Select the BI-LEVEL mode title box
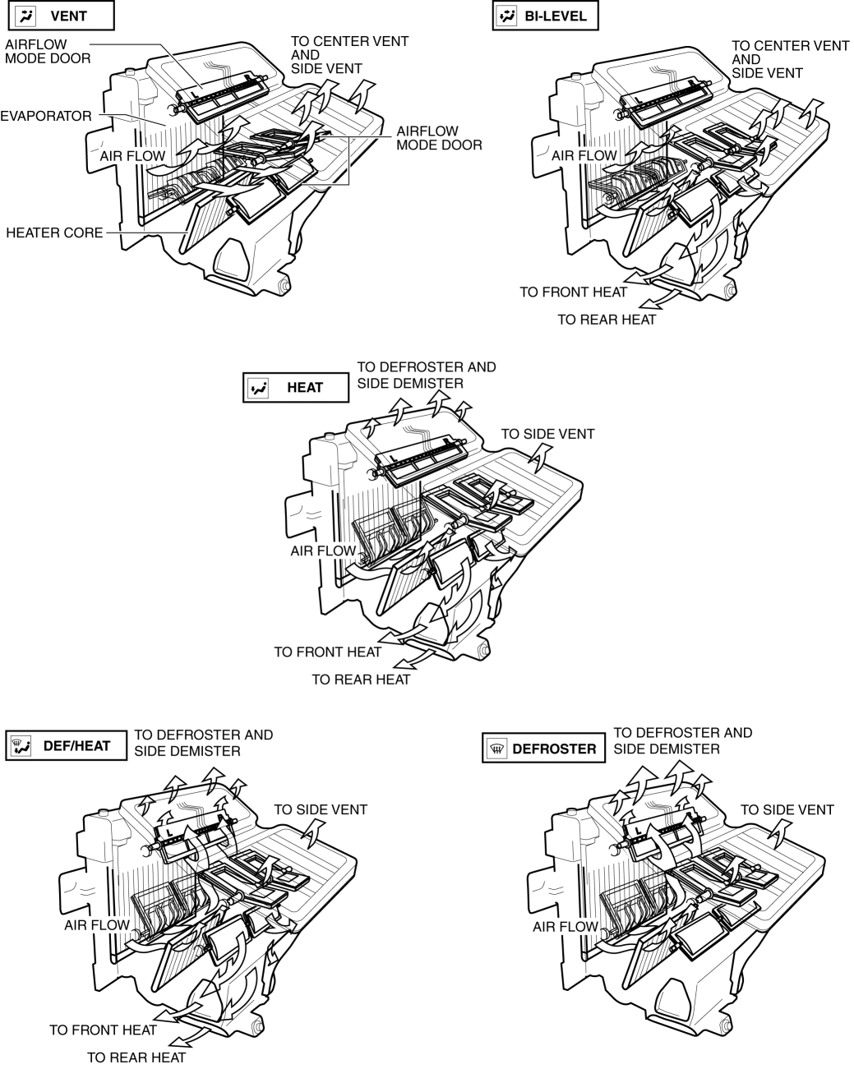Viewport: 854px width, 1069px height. point(545,16)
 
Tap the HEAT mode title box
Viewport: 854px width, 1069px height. point(296,387)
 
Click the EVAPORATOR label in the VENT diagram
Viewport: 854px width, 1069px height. point(46,116)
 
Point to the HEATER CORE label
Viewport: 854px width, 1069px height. point(54,233)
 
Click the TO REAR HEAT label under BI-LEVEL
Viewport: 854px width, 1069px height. point(607,320)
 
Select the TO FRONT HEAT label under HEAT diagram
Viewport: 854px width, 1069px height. point(328,652)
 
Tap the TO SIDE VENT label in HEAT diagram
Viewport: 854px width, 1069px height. point(547,433)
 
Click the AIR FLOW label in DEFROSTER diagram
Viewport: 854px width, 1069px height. point(565,926)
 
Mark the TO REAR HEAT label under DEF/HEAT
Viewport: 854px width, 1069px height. point(136,1057)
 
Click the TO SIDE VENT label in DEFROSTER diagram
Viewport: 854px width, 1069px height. point(787,809)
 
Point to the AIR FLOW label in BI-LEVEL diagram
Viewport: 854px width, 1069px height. point(584,155)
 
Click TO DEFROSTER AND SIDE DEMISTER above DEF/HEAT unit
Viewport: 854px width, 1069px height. point(204,742)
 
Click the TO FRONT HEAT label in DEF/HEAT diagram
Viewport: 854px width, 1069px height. point(103,1030)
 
